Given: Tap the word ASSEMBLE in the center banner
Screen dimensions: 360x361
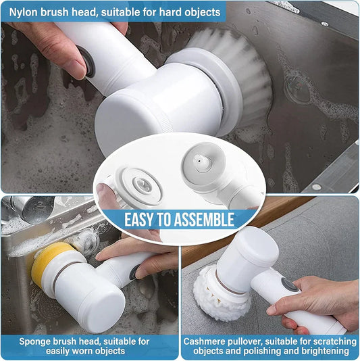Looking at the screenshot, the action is pyautogui.click(x=204, y=220).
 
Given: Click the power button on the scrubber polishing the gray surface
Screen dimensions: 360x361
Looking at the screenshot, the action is pyautogui.click(x=289, y=285).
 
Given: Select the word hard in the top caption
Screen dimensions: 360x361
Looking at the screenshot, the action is pyautogui.click(x=168, y=12).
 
